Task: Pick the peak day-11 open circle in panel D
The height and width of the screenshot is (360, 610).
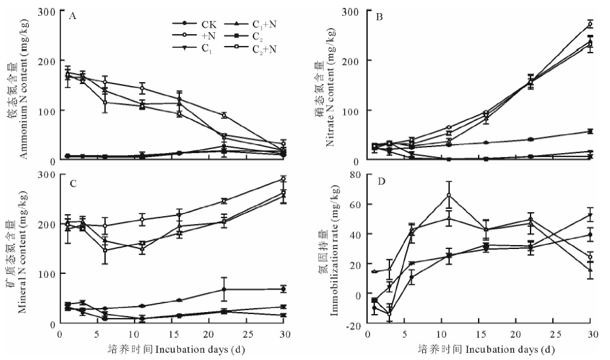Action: tap(449, 195)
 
